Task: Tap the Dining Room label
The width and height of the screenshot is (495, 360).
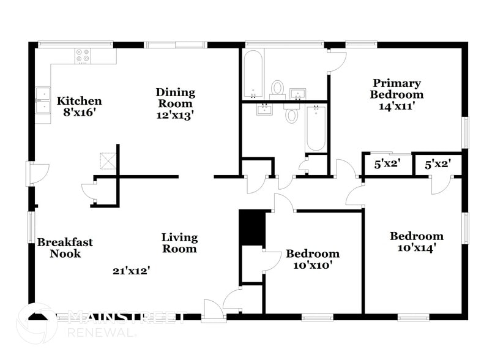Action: pyautogui.click(x=175, y=98)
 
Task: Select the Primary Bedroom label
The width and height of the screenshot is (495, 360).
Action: pyautogui.click(x=396, y=89)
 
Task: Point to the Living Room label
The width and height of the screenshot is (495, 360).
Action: pyautogui.click(x=179, y=243)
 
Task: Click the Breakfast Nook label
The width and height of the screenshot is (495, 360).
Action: pyautogui.click(x=65, y=248)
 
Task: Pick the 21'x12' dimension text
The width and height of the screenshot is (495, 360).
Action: pyautogui.click(x=132, y=270)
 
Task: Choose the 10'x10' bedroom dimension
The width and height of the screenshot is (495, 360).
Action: pyautogui.click(x=313, y=266)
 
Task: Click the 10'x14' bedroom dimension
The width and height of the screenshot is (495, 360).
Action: pyautogui.click(x=417, y=248)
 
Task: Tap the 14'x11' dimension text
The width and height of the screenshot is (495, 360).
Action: pyautogui.click(x=397, y=105)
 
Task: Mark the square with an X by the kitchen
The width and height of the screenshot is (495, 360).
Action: pyautogui.click(x=108, y=160)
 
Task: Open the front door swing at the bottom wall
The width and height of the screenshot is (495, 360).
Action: pyautogui.click(x=214, y=310)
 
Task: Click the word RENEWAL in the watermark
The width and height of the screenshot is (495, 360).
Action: pyautogui.click(x=102, y=333)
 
